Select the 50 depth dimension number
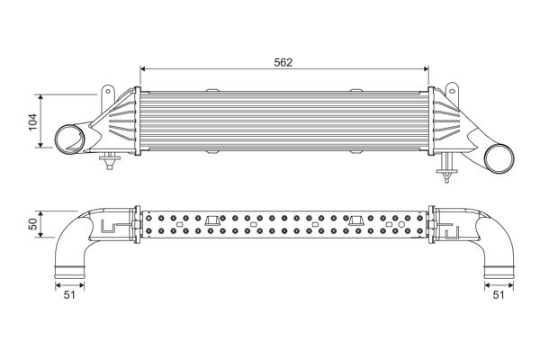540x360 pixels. coord(33,225)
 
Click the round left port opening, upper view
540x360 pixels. coord(68,140)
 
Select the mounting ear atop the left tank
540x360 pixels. coord(109,93)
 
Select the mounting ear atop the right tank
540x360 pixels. coord(449,93)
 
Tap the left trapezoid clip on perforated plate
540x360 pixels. coord(212,221)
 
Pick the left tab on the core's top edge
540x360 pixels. coord(212,88)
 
